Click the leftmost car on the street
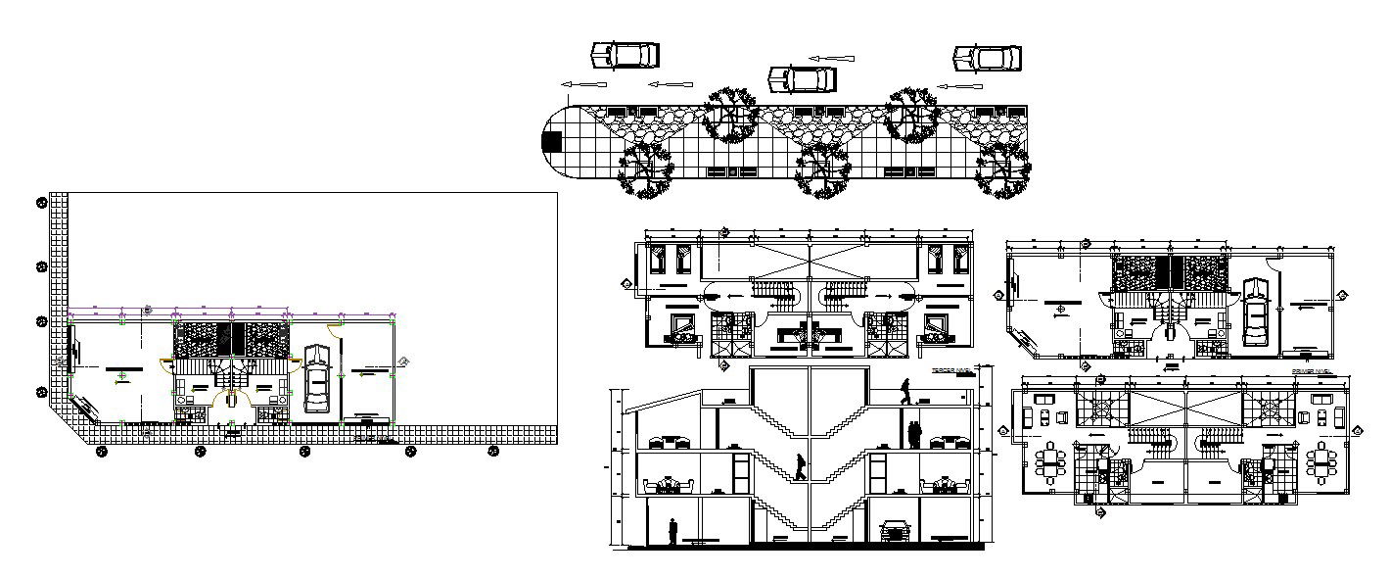[625, 55]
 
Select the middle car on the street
[802, 77]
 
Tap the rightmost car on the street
[988, 58]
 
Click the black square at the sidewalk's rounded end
[552, 141]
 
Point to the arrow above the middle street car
[831, 57]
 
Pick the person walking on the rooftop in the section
[905, 391]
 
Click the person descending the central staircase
[801, 467]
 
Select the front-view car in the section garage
[895, 531]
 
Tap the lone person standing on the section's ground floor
[672, 531]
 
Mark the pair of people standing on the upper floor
[915, 434]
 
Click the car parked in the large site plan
[316, 378]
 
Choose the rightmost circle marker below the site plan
[493, 451]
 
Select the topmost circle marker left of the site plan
[42, 203]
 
